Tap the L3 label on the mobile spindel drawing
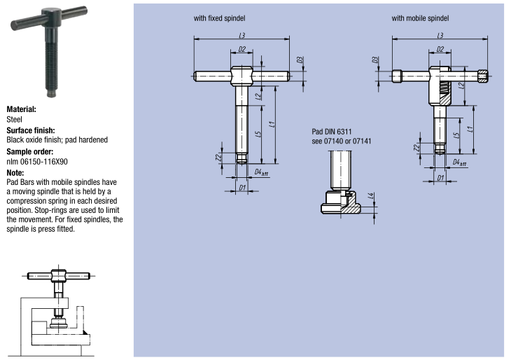pyautogui.click(x=440, y=35)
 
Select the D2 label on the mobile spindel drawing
pyautogui.click(x=440, y=49)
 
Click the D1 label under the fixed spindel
pyautogui.click(x=241, y=188)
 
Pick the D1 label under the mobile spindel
pyautogui.click(x=440, y=178)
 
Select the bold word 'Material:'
pyautogui.click(x=22, y=110)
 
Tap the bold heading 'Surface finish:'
pyautogui.click(x=31, y=130)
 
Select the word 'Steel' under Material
pyautogui.click(x=15, y=120)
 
